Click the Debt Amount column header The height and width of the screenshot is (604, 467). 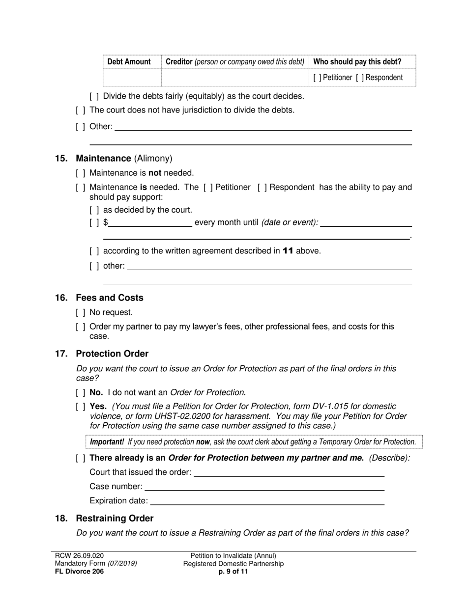point(129,62)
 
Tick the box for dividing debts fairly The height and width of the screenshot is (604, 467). point(94,96)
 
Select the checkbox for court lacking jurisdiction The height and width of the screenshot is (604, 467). point(81,110)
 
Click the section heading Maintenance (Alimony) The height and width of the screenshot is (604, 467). point(124,159)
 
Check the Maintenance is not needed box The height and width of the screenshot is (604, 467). point(81,173)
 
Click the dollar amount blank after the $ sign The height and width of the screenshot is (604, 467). point(150,222)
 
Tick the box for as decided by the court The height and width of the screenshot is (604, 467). point(94,210)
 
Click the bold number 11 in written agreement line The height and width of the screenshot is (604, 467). point(288,251)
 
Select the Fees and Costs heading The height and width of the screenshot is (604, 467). point(109,298)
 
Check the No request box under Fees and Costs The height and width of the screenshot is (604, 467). point(81,313)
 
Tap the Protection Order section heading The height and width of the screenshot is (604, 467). point(112,354)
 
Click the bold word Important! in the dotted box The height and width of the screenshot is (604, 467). point(107,442)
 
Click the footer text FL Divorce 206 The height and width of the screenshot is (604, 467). point(79,572)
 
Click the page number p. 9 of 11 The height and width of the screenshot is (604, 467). point(233,572)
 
